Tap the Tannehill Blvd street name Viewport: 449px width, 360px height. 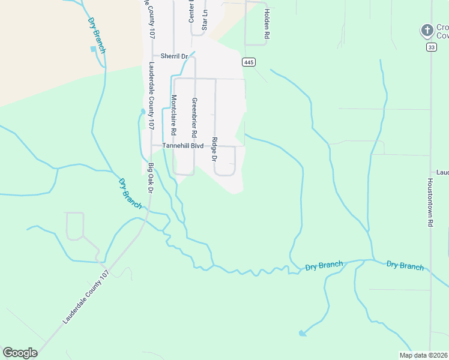coord(178,145)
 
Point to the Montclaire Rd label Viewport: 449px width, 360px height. coord(174,114)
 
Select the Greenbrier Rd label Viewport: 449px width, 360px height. coord(194,116)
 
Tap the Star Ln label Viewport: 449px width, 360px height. coord(205,20)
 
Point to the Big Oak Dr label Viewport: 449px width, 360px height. coord(151,178)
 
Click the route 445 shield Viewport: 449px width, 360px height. coord(249,62)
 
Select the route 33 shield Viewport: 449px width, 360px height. coord(431,47)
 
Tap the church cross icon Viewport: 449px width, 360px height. coord(427,30)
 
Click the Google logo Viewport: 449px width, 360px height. coord(20,353)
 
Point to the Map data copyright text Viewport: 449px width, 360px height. coord(423,355)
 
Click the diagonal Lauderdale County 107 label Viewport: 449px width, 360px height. coord(86,298)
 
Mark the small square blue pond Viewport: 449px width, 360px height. coord(93,49)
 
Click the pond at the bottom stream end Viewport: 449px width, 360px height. coord(301,332)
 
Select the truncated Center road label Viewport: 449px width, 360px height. coord(191,12)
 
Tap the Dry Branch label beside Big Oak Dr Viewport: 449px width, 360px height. coord(130,193)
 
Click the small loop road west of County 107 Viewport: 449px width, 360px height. coord(74,226)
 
